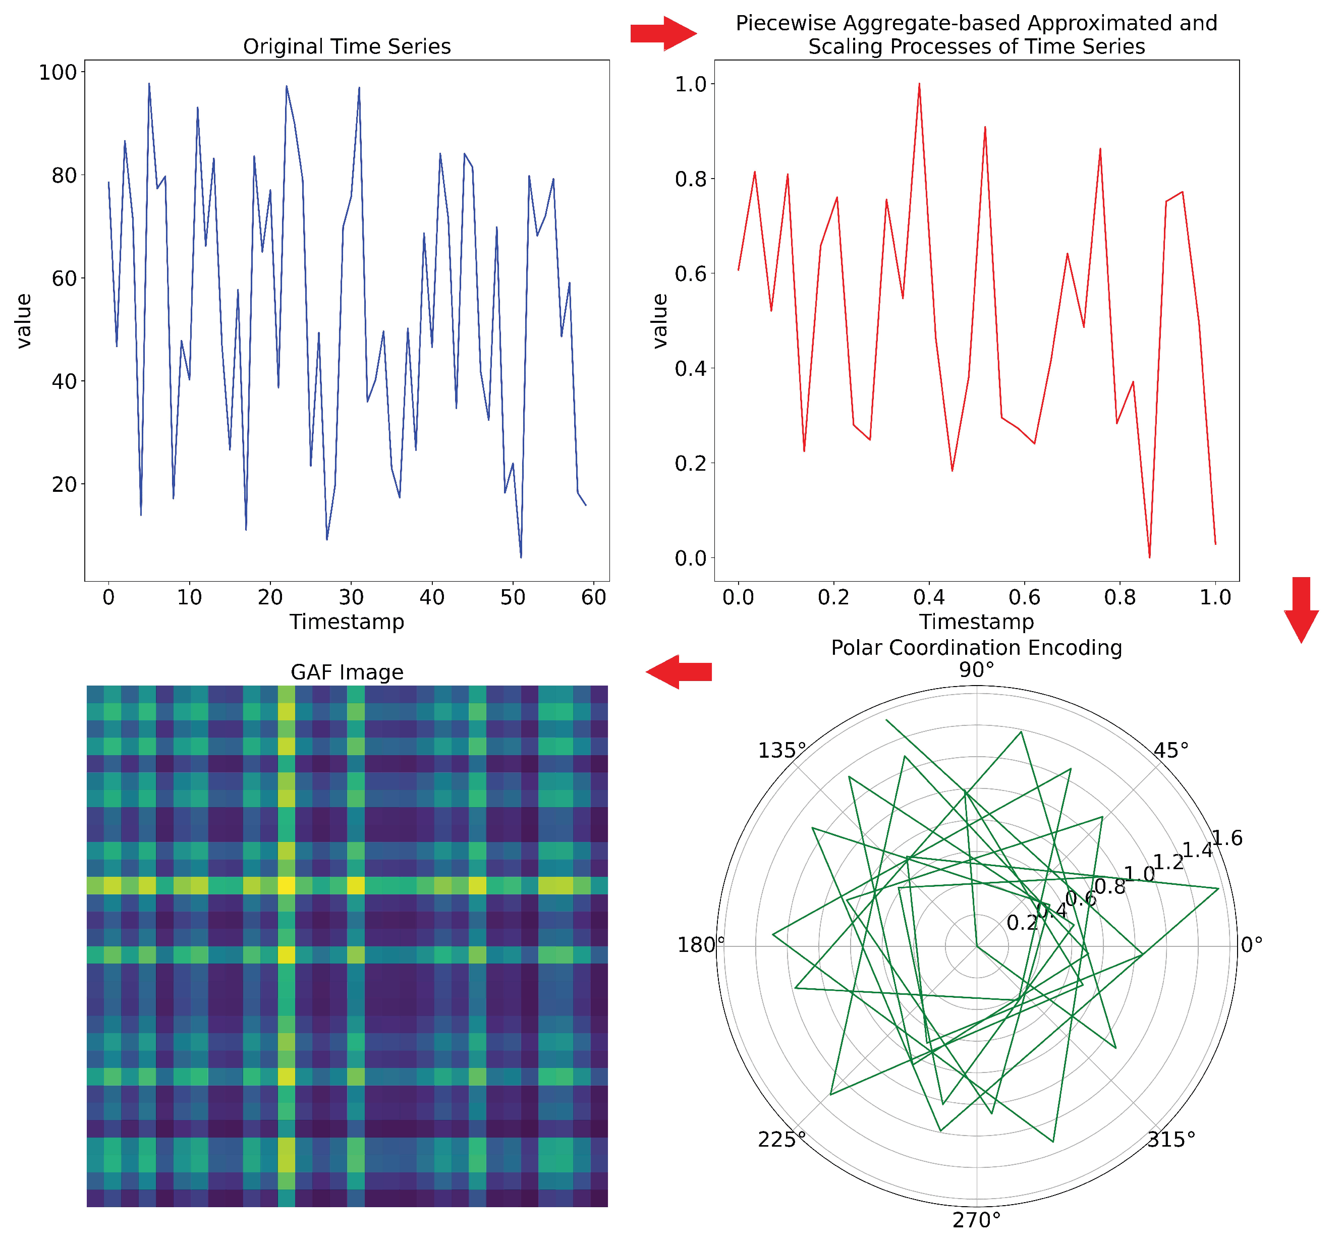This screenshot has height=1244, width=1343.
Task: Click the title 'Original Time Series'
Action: pyautogui.click(x=347, y=46)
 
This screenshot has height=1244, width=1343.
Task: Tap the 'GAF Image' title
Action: pyautogui.click(x=347, y=672)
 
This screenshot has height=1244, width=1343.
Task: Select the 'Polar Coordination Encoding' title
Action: pyautogui.click(x=976, y=648)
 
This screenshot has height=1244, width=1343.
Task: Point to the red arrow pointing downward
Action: pyautogui.click(x=1301, y=609)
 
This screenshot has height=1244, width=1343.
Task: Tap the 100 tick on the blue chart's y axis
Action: pyautogui.click(x=57, y=72)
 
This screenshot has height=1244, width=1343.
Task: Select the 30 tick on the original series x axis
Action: pyautogui.click(x=351, y=597)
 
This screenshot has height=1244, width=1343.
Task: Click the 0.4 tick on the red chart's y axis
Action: pyautogui.click(x=691, y=369)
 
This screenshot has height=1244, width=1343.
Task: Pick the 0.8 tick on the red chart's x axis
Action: pyautogui.click(x=1120, y=597)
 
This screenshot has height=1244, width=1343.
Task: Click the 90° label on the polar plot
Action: pyautogui.click(x=976, y=670)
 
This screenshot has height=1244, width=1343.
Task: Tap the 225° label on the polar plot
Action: pyautogui.click(x=781, y=1140)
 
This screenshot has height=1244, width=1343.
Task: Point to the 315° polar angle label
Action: pyautogui.click(x=1171, y=1140)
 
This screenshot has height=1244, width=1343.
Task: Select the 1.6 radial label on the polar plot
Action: pyautogui.click(x=1226, y=838)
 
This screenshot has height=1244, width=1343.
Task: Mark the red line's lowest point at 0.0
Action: pyautogui.click(x=1149, y=557)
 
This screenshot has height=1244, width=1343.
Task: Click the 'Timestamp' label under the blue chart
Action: pyautogui.click(x=347, y=621)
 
